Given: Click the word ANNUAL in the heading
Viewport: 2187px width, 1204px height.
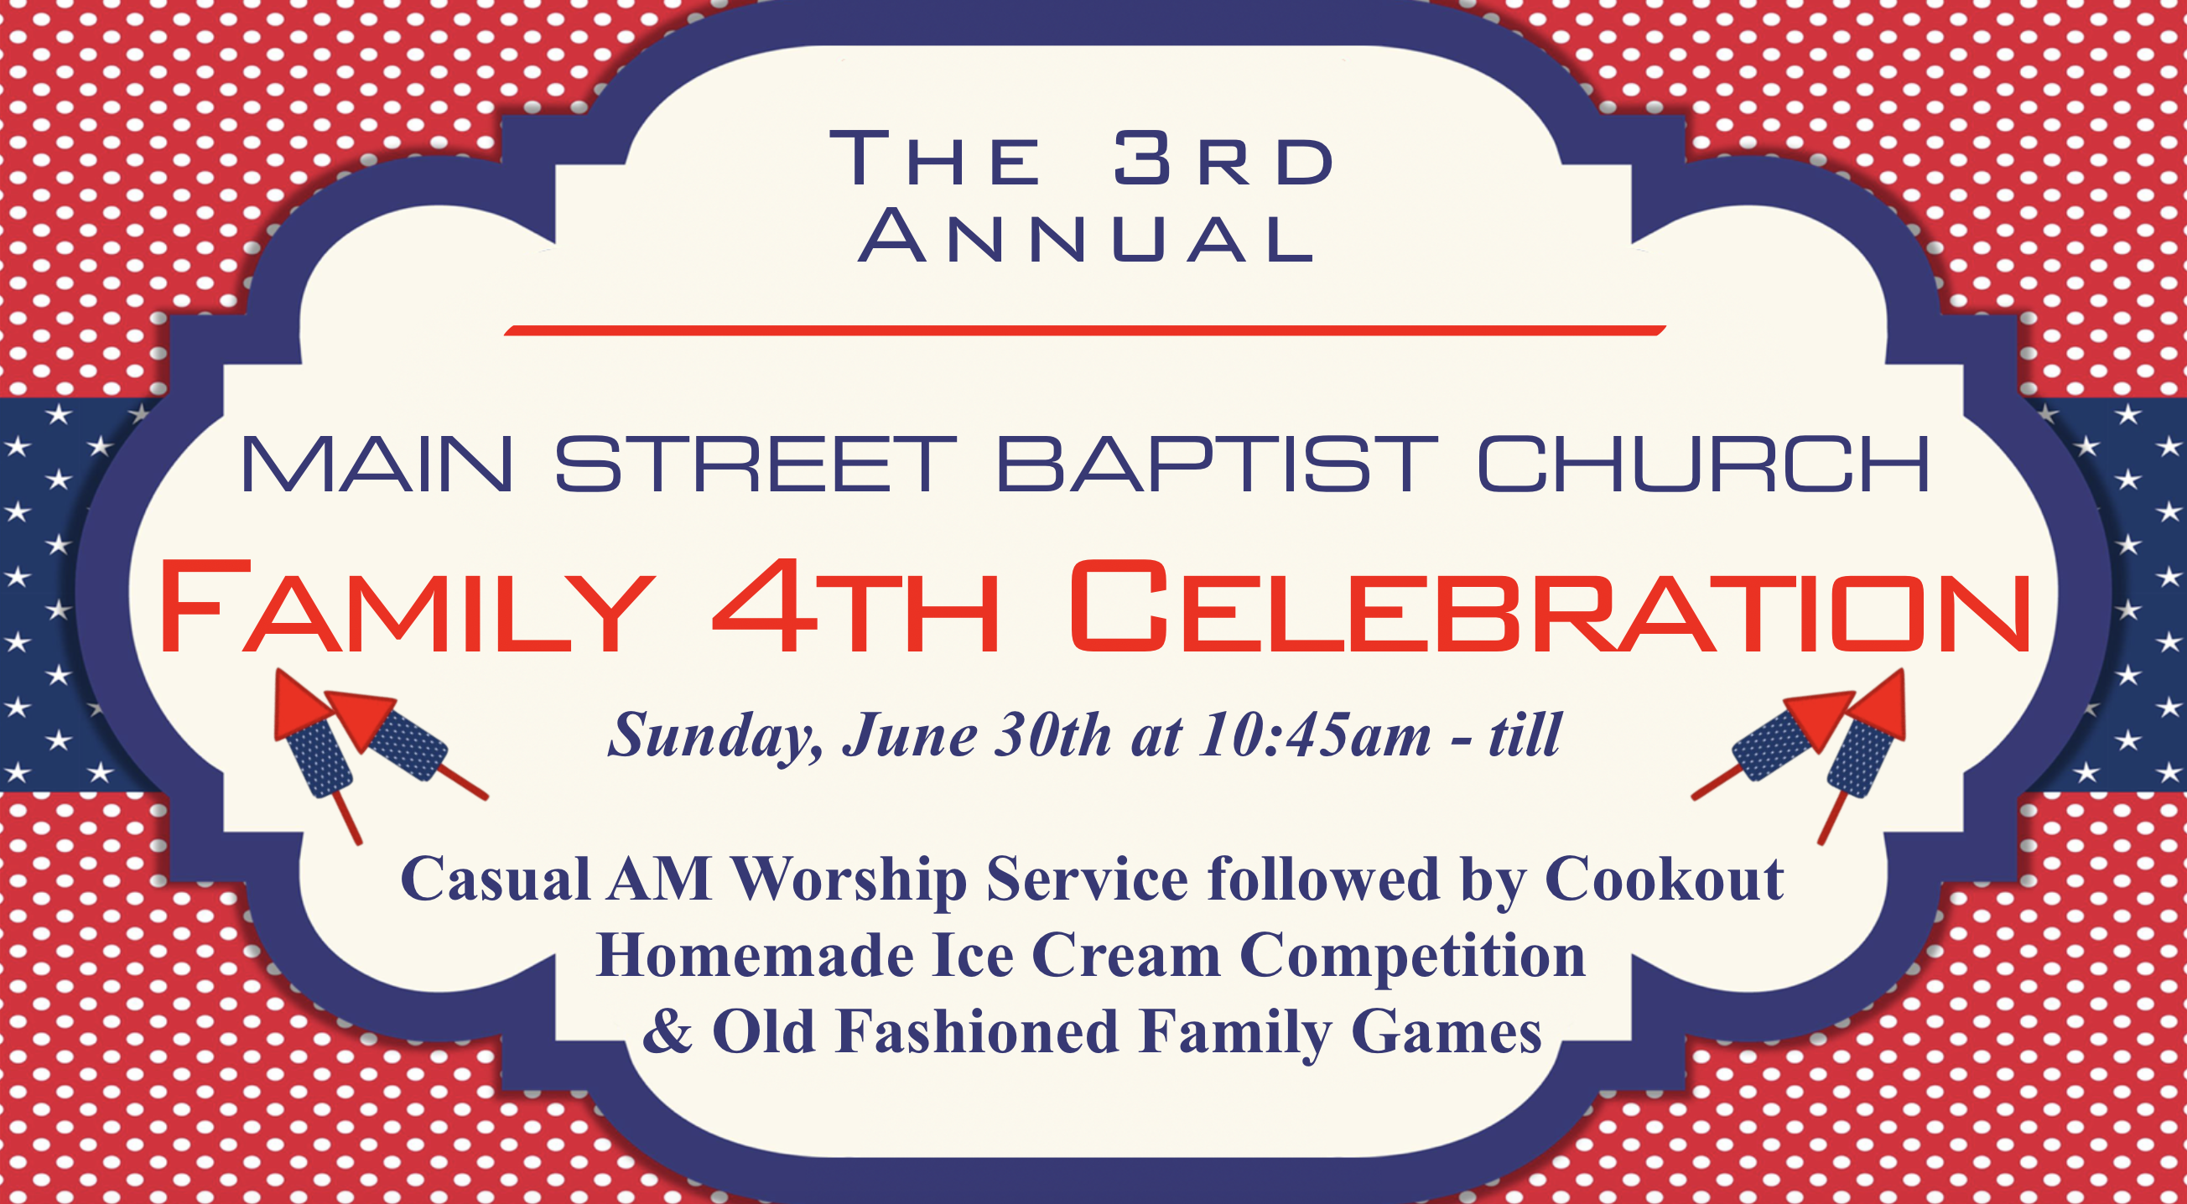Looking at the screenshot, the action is [x=1087, y=236].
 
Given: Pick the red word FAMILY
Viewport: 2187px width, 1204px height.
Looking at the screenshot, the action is [x=407, y=606].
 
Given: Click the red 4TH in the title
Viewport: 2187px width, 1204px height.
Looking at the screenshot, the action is [x=855, y=606].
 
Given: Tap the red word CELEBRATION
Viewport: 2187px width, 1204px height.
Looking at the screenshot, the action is [x=1551, y=606].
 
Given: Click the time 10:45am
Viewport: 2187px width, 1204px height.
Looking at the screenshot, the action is [x=1315, y=734].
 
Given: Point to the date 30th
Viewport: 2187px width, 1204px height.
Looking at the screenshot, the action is [x=1052, y=734].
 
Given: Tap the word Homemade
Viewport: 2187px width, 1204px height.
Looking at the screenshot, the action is [x=755, y=955].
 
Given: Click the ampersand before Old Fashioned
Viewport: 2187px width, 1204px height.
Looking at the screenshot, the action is [x=668, y=1030].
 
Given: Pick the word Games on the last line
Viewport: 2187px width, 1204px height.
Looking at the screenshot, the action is [x=1447, y=1032].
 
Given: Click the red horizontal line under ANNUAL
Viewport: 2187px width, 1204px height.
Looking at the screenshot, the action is [x=1085, y=330].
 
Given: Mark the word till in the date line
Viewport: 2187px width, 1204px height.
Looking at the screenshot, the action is [x=1524, y=734].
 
